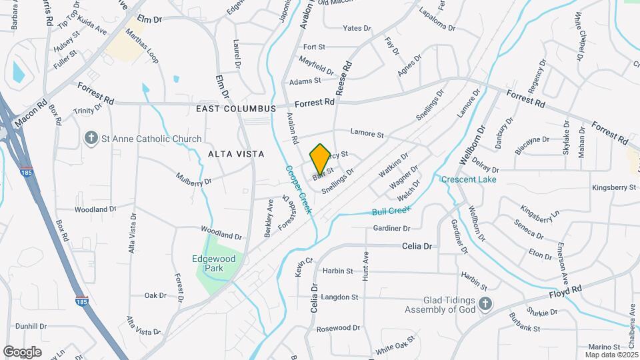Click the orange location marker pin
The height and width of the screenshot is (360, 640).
tap(321, 159)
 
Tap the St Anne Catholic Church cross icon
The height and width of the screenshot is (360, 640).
tap(92, 138)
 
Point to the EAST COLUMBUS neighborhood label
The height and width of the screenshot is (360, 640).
tap(236, 108)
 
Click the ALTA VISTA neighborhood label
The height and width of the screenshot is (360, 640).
tap(236, 154)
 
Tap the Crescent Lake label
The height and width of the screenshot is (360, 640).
tap(467, 179)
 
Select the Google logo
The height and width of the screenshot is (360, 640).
tap(22, 351)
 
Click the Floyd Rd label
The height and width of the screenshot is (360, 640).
tap(565, 292)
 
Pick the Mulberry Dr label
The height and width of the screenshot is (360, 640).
tap(193, 179)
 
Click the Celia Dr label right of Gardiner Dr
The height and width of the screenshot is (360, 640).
tap(417, 246)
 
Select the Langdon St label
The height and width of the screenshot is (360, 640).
tap(341, 297)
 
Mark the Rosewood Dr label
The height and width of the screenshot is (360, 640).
tap(338, 329)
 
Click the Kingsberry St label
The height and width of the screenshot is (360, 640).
tap(614, 188)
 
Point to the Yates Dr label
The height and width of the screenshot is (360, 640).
tap(356, 28)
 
